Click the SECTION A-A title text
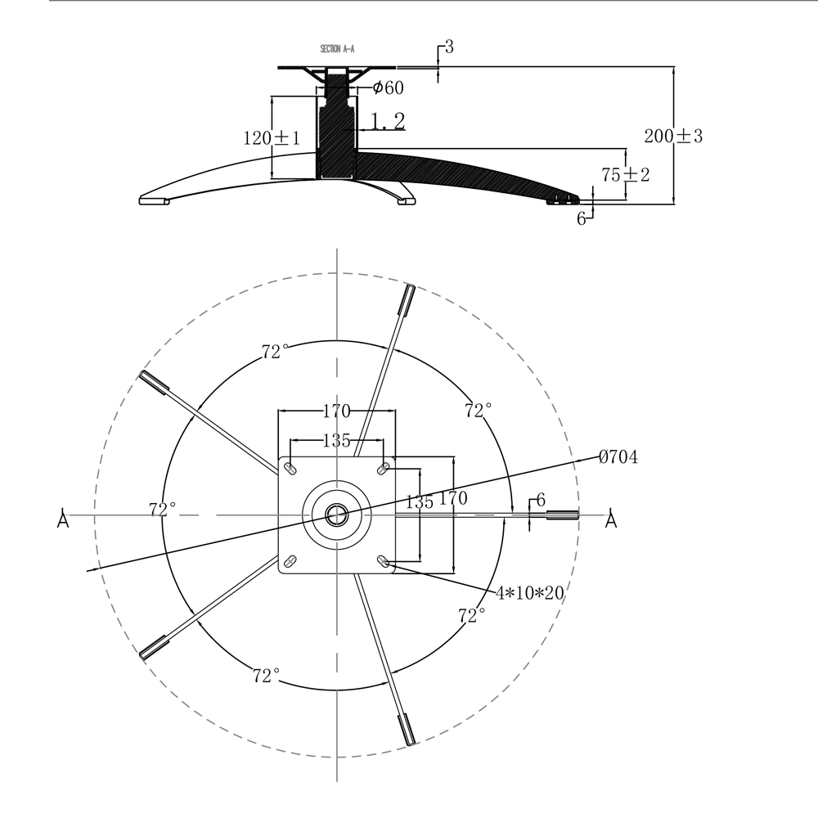(x=337, y=49)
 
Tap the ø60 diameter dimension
(x=388, y=88)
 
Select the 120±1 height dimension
(x=272, y=138)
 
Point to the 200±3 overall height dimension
(x=673, y=136)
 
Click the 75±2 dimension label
(x=626, y=175)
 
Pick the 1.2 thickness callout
(x=388, y=121)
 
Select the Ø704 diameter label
(x=618, y=457)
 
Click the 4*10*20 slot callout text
(x=529, y=593)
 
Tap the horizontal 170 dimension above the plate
(x=336, y=411)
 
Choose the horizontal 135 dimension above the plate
(x=336, y=441)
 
